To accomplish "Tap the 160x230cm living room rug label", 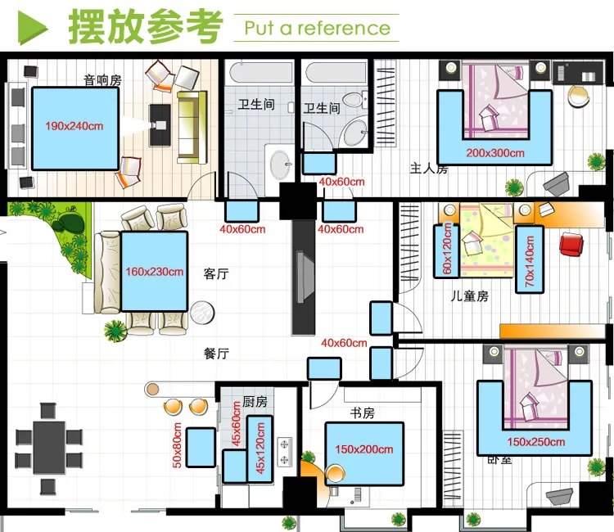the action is click(x=154, y=272).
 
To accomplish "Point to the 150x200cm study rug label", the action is click(x=363, y=449).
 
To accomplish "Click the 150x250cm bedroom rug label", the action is click(x=535, y=442).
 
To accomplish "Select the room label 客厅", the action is click(x=215, y=274).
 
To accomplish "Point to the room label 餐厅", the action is click(x=215, y=354).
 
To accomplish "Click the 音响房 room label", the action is click(x=102, y=80).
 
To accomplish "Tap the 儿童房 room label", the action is click(x=471, y=295).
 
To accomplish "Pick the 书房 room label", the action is click(x=363, y=412).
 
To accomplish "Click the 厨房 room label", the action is click(x=255, y=403).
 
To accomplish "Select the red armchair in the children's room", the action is click(x=570, y=244).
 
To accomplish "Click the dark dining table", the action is click(x=49, y=447).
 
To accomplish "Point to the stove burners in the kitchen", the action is click(x=285, y=452).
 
